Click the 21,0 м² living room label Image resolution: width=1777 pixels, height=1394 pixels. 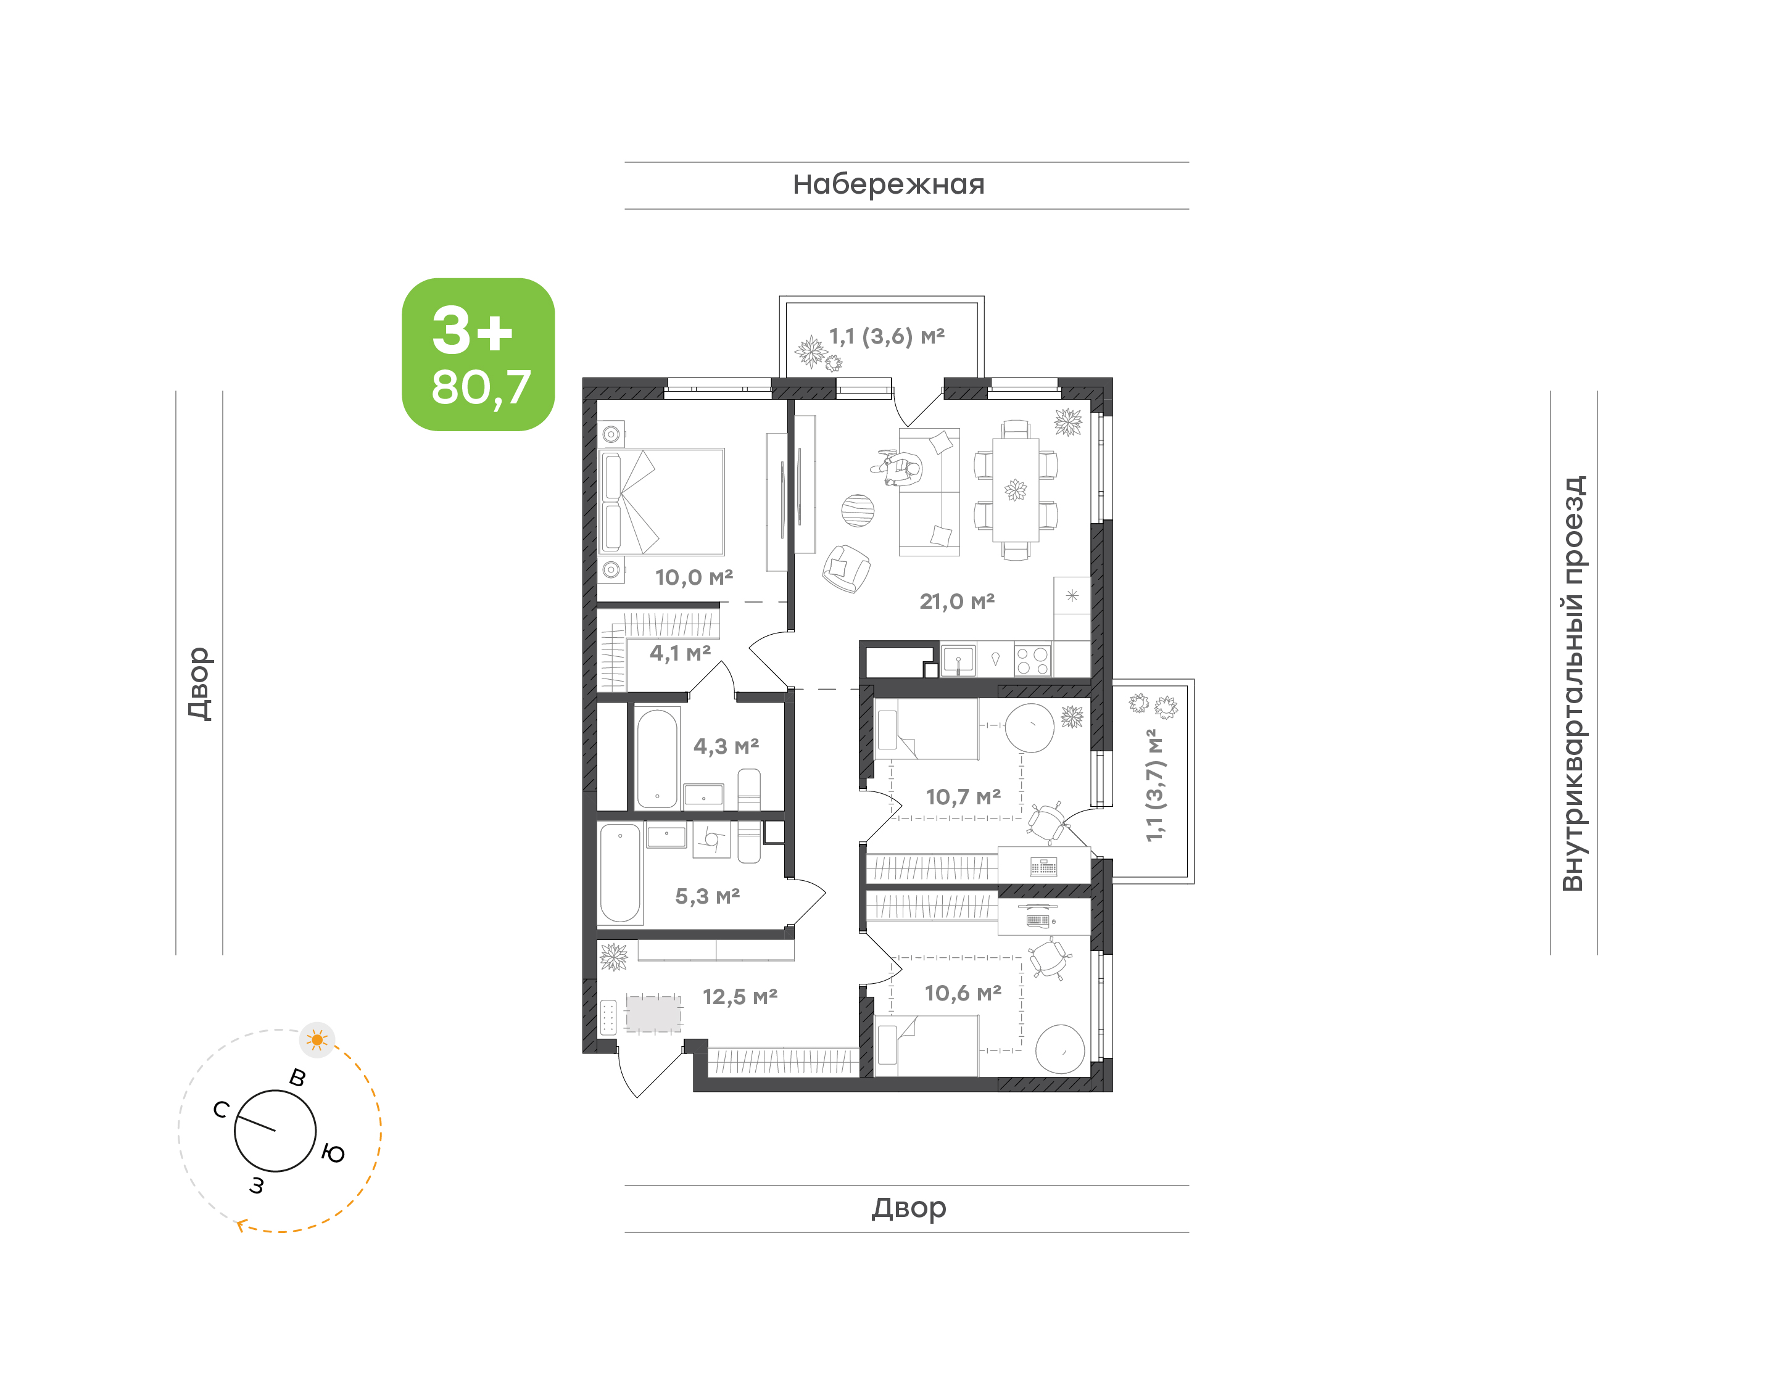956,601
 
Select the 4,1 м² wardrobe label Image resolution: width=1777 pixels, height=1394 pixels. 680,653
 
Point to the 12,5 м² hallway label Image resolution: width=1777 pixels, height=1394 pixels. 740,997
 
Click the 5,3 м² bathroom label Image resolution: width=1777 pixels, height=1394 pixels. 707,896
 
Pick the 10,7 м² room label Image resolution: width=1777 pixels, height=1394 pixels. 963,796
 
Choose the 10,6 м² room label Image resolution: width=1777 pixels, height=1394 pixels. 963,993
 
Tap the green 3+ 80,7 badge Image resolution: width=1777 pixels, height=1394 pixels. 478,354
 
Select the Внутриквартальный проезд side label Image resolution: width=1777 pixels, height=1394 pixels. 1572,684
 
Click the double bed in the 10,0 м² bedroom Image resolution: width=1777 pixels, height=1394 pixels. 661,501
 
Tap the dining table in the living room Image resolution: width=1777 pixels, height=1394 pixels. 1016,490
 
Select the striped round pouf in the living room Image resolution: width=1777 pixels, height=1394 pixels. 858,511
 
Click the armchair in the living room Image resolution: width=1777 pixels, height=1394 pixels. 847,568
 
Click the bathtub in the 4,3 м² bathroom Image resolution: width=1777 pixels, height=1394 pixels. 657,758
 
